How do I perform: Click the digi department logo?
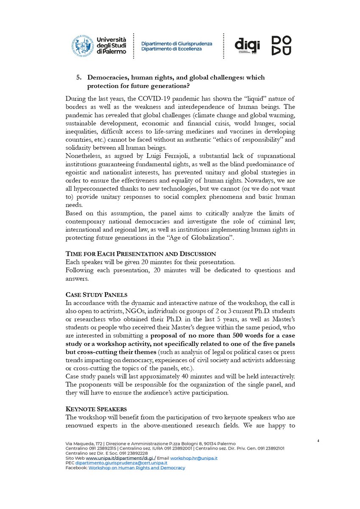coord(247,45)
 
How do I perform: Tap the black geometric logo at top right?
coord(282,46)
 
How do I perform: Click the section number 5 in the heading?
coord(78,77)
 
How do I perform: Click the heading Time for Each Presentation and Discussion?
coord(141,254)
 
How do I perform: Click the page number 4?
coord(318,441)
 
